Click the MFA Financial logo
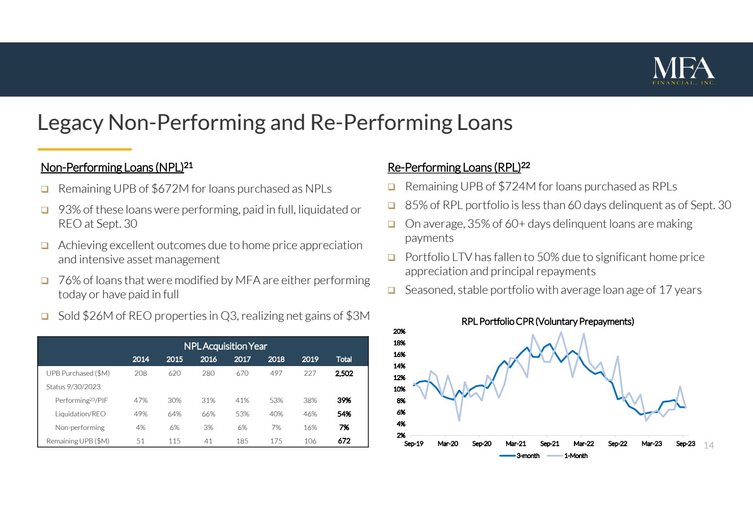click(684, 71)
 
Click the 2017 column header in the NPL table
click(242, 359)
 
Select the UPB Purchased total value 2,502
click(343, 373)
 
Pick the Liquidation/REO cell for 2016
click(208, 414)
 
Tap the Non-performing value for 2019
click(310, 428)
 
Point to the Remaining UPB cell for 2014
click(141, 441)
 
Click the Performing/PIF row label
click(81, 401)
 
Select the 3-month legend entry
click(520, 456)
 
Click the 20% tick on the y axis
click(399, 332)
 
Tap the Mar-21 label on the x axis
click(516, 444)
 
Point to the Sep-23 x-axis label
click(685, 444)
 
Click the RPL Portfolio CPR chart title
click(547, 321)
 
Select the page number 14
click(708, 446)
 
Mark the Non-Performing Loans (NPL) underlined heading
click(113, 168)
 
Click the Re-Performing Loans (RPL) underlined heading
click(454, 168)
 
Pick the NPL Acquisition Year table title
click(225, 346)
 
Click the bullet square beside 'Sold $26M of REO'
click(45, 316)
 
